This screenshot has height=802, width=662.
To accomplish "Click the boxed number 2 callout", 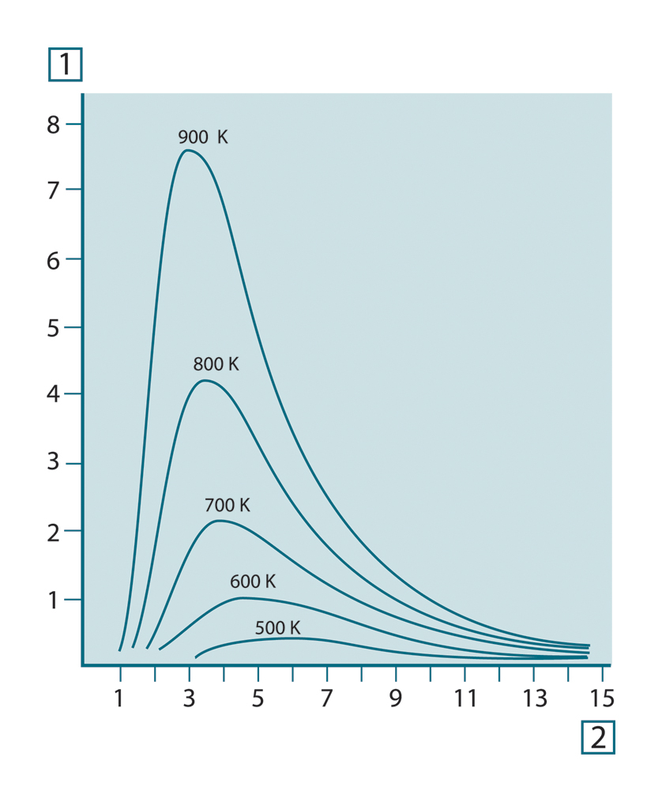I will (x=597, y=737).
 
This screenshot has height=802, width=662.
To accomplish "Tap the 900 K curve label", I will (x=203, y=137).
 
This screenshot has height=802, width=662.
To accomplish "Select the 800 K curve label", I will (x=216, y=365).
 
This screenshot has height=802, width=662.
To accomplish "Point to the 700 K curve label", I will (x=227, y=505).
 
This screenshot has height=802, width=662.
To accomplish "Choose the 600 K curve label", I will (x=253, y=582).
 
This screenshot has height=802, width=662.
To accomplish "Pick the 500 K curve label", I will (x=277, y=628).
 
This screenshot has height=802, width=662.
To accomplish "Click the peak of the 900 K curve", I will (x=187, y=150).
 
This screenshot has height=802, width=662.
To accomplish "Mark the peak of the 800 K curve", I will (x=205, y=380).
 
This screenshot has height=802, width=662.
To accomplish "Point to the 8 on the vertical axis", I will (x=53, y=125).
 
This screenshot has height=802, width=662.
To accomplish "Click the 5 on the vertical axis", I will (x=53, y=327).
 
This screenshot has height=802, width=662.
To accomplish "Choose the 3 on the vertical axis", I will (x=53, y=462).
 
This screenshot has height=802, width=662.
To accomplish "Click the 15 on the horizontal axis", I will (x=602, y=698).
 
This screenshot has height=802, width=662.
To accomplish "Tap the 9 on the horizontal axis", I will (x=396, y=698).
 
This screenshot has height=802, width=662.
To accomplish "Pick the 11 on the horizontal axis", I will (x=465, y=698).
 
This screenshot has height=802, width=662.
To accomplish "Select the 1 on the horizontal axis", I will (x=120, y=698).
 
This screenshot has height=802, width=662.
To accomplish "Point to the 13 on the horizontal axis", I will (x=534, y=698).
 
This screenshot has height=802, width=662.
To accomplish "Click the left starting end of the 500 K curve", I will (x=196, y=657).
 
